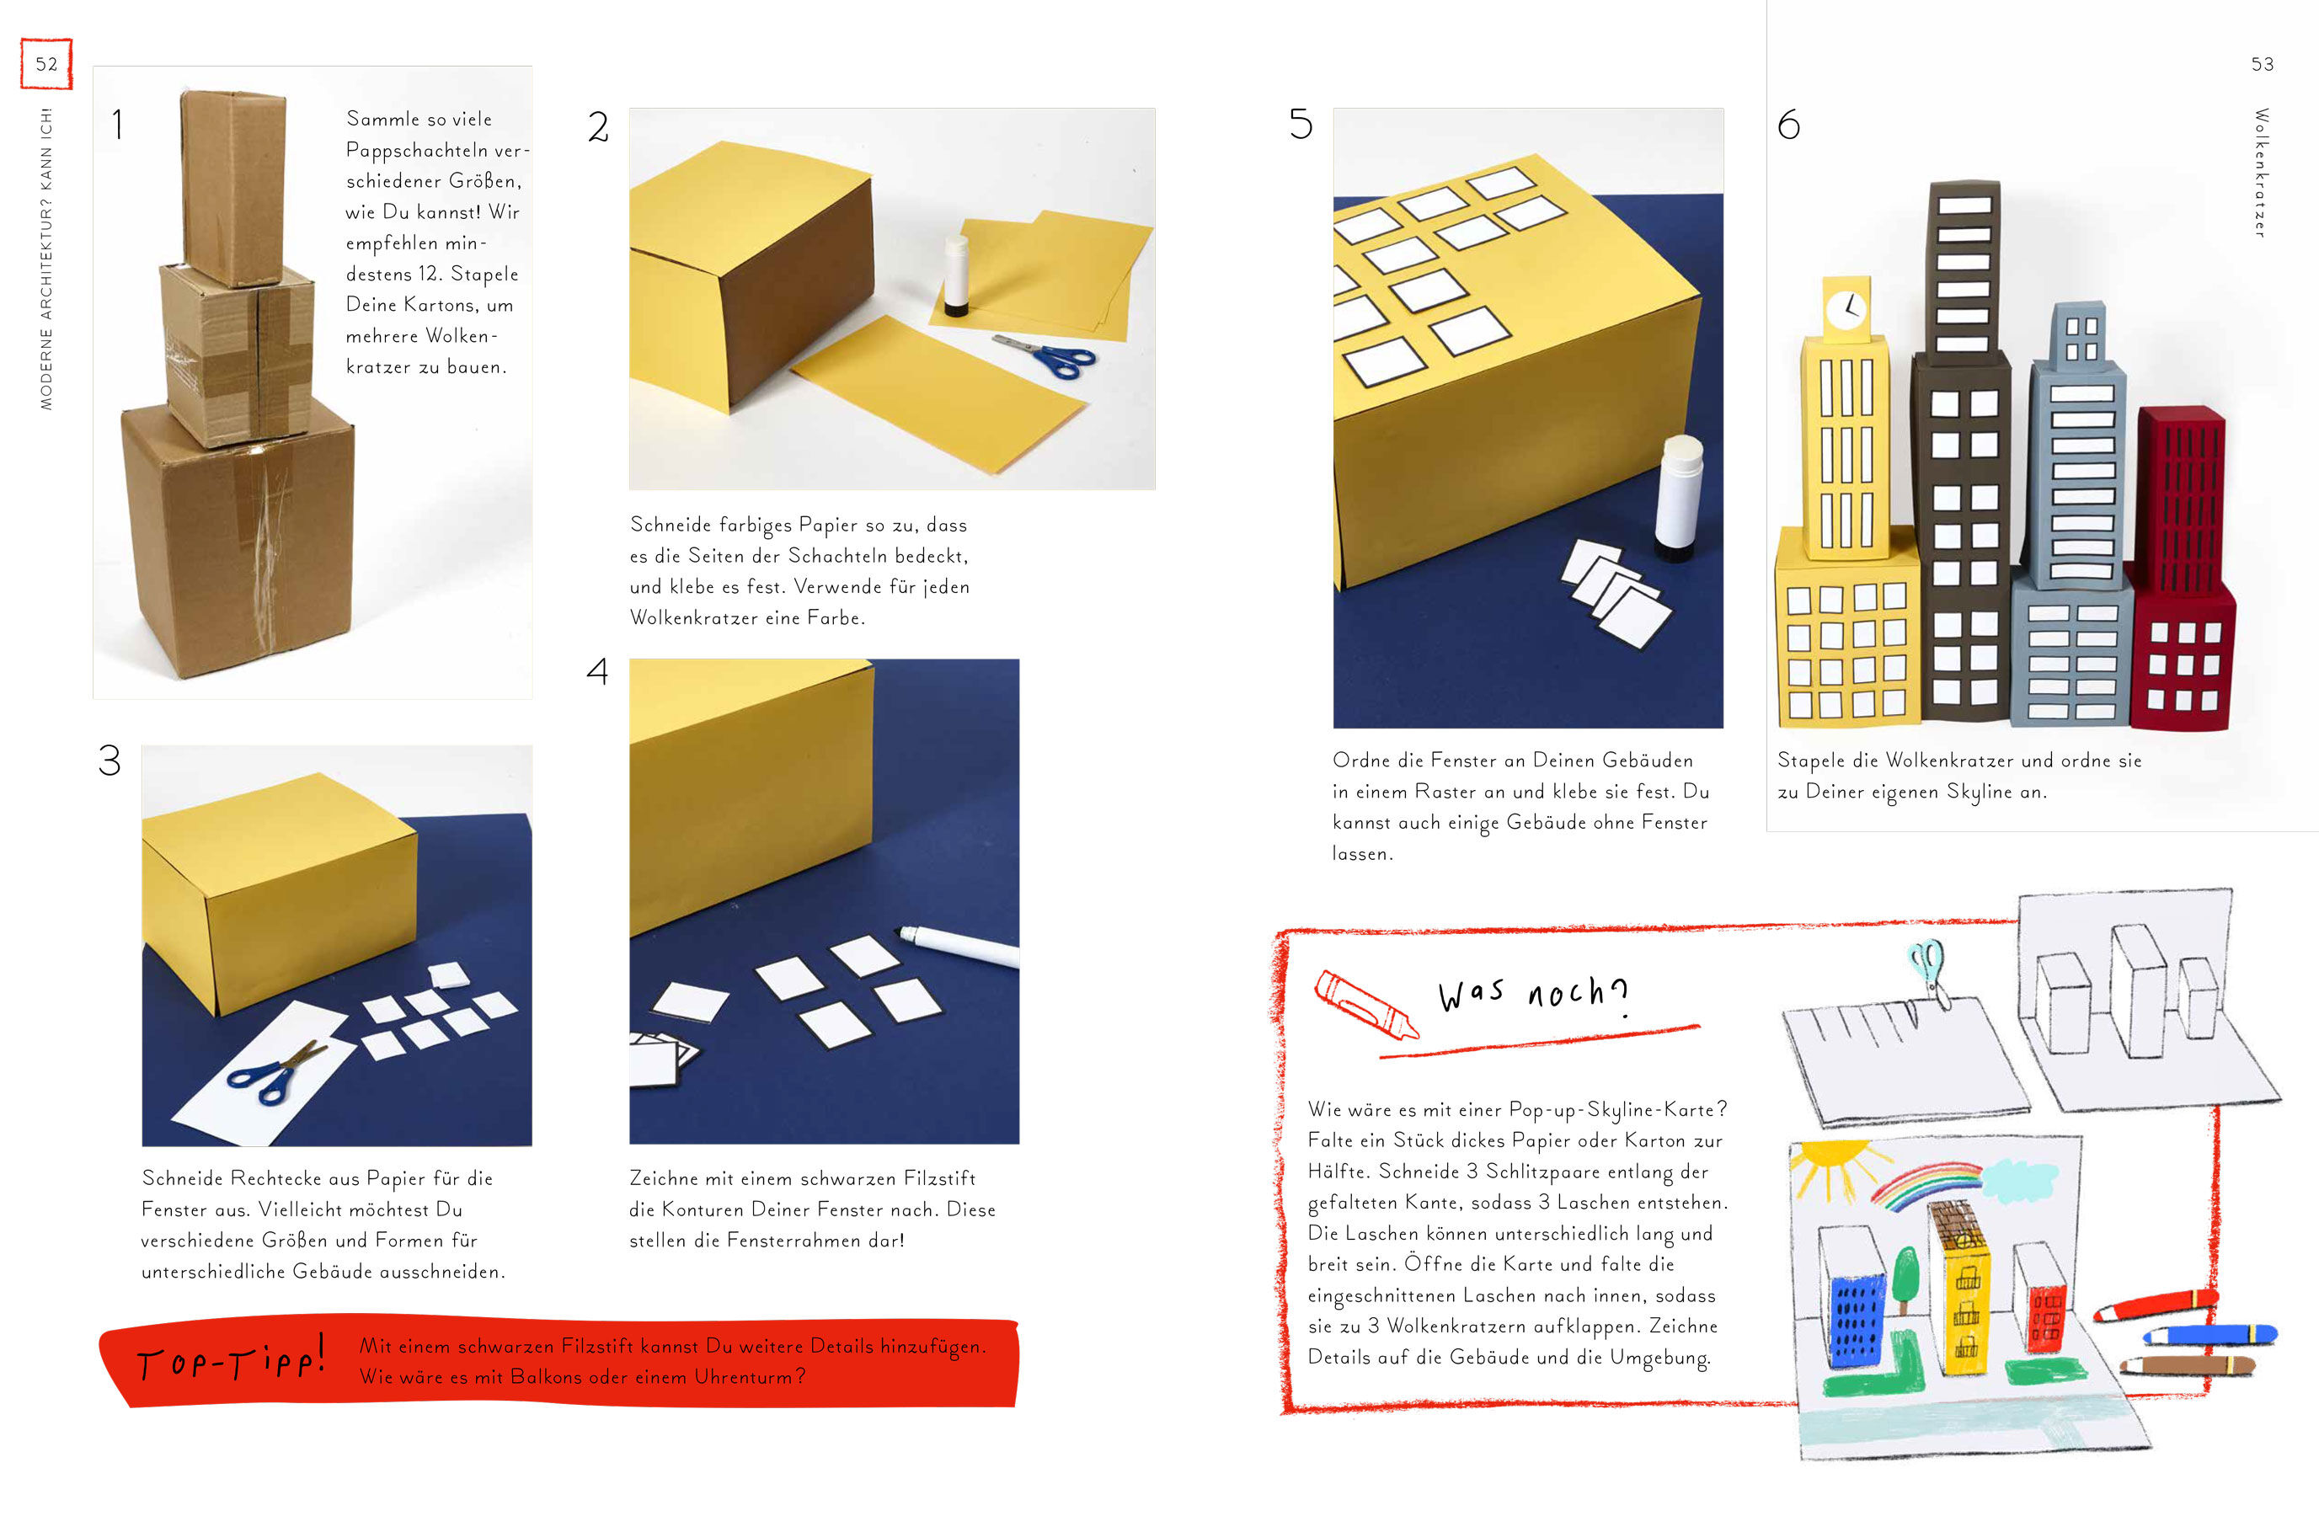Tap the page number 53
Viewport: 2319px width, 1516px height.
[2262, 64]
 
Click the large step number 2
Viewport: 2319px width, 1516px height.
[598, 126]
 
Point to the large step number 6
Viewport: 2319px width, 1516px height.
[1789, 124]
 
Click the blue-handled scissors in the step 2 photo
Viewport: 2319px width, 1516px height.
[1045, 354]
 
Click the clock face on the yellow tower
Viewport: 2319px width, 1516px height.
[1845, 310]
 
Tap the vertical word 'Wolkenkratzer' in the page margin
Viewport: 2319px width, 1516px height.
[2262, 173]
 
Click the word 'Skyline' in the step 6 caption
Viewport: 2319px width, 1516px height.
[1979, 792]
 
